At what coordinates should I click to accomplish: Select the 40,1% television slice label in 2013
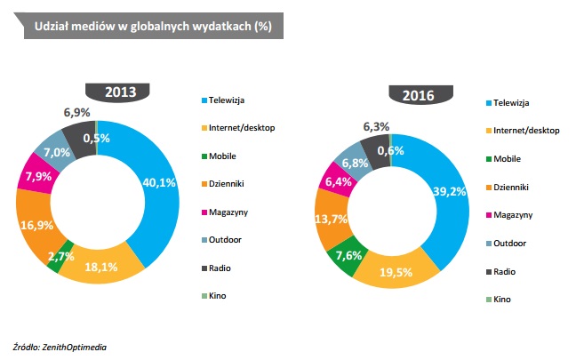(160, 183)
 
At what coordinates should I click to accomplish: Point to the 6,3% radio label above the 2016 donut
(376, 127)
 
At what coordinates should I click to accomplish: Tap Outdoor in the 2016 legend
(511, 244)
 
